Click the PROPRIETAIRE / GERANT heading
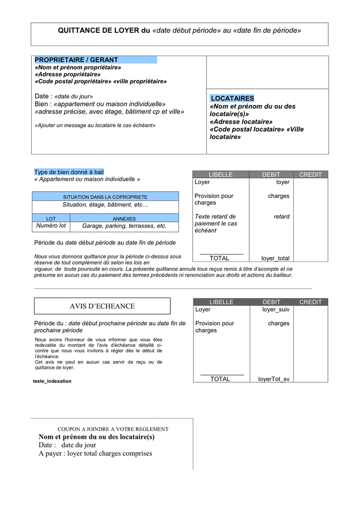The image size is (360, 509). click(x=76, y=60)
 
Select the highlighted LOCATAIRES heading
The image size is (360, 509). click(x=232, y=98)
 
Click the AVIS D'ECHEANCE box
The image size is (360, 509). click(x=102, y=306)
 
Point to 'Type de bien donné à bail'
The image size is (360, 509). click(x=68, y=172)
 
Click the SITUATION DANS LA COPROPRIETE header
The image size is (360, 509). click(x=105, y=197)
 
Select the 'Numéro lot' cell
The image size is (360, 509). click(x=51, y=226)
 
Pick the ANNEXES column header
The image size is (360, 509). click(x=124, y=218)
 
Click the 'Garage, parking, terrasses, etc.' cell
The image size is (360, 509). click(x=125, y=226)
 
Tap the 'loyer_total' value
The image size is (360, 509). click(x=275, y=258)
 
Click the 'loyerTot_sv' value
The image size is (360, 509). click(x=274, y=379)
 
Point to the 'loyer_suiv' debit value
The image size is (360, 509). click(x=276, y=310)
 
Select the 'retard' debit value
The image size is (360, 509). click(x=281, y=217)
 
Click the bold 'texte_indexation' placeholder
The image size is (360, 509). click(x=52, y=381)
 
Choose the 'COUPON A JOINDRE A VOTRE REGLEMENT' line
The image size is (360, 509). click(x=113, y=429)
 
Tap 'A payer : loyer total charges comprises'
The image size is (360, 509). click(x=95, y=453)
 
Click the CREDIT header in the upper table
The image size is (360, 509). click(x=310, y=175)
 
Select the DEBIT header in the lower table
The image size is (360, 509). click(x=271, y=302)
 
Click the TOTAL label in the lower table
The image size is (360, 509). click(x=220, y=379)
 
